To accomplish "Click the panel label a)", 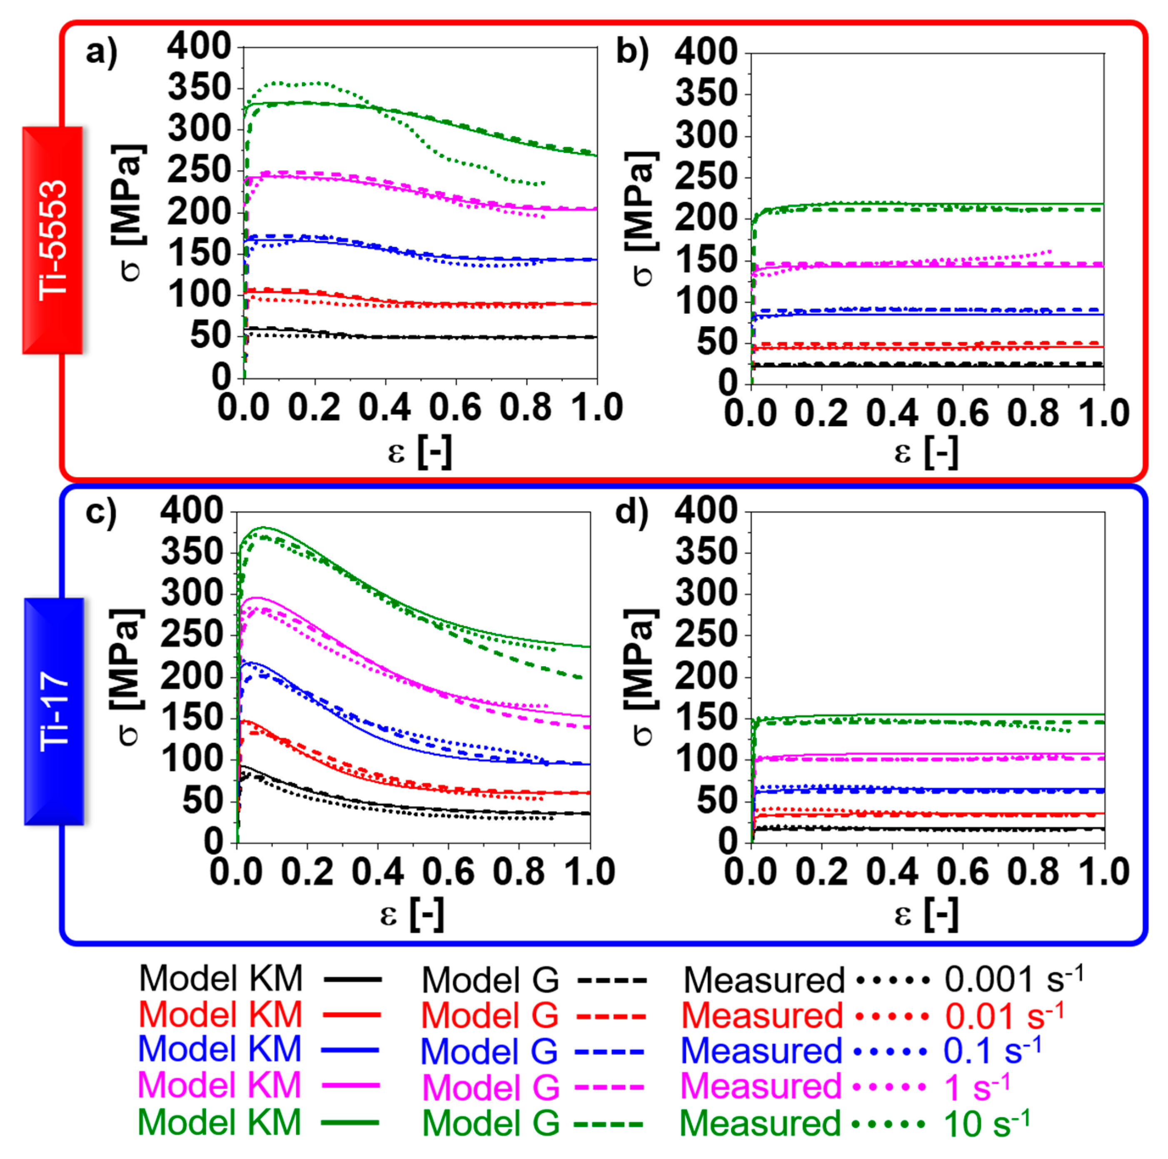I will [101, 52].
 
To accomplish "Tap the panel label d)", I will [631, 512].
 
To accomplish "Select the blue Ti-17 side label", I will [54, 711].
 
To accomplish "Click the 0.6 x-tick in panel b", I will [963, 414].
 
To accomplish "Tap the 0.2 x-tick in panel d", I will [821, 872].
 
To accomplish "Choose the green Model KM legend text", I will [220, 1123].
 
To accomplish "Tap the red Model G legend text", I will [490, 1016].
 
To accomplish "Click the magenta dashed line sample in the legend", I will [609, 1087].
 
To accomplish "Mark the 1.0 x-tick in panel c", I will [589, 872].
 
